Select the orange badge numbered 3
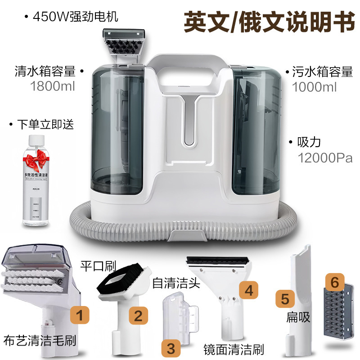(x=171, y=347)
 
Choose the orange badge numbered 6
(x=334, y=283)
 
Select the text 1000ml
(x=315, y=87)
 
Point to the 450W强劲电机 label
(x=76, y=18)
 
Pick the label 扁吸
(x=298, y=317)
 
